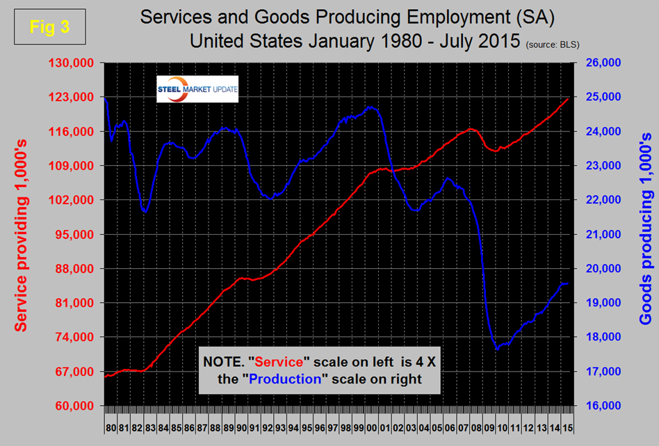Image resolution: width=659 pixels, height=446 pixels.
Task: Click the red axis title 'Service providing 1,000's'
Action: click(x=22, y=234)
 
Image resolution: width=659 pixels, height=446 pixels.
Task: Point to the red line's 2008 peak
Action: click(x=471, y=129)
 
